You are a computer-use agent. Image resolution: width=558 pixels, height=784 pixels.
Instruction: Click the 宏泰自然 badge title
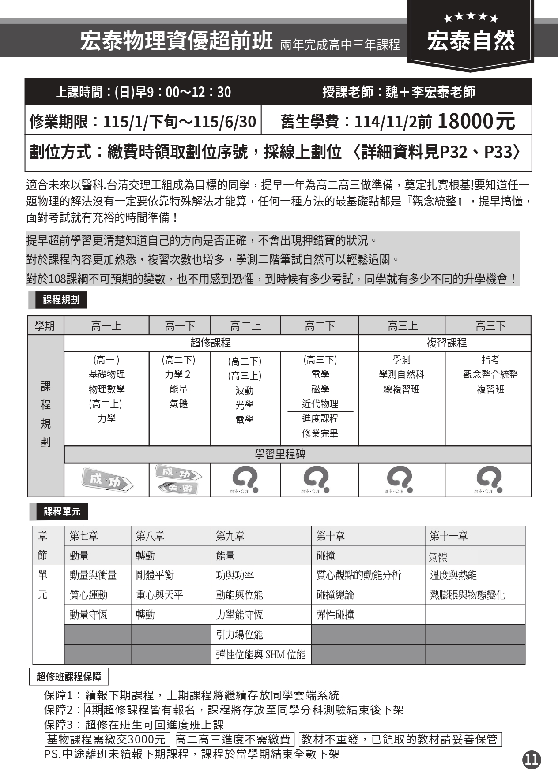[471, 41]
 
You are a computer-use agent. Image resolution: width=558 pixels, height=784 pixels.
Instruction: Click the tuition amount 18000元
[476, 121]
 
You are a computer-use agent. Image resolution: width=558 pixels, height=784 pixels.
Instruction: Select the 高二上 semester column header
[245, 326]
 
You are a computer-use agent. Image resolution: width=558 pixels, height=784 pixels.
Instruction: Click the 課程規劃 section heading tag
[61, 300]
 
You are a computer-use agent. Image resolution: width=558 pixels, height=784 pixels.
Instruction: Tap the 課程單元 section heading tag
[62, 511]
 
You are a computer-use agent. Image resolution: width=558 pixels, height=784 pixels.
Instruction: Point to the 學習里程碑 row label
[280, 454]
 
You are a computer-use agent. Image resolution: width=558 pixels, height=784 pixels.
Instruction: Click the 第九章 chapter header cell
[230, 536]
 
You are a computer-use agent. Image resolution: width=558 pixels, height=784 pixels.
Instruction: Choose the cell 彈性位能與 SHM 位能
[260, 654]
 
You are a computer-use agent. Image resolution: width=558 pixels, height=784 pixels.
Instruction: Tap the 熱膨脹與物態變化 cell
[467, 595]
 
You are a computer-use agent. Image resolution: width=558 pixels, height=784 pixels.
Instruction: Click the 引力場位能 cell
[239, 635]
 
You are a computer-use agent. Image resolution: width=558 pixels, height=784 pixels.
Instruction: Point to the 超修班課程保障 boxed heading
[69, 677]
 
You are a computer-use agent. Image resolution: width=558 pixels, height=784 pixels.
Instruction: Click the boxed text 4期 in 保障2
[94, 710]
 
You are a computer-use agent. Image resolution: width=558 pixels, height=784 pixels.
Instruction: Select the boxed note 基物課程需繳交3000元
[107, 739]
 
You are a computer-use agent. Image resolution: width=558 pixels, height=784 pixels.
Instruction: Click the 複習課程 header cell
[446, 343]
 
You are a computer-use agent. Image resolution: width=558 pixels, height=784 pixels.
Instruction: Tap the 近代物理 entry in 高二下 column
[320, 404]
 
